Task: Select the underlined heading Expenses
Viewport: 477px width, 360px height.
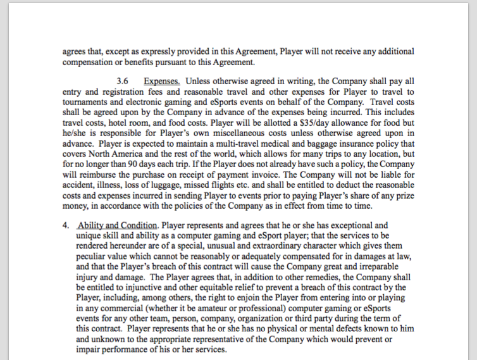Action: [x=163, y=81]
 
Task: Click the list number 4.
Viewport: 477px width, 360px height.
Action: [x=65, y=225]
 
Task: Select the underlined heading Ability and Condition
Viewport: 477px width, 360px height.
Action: [x=116, y=225]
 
